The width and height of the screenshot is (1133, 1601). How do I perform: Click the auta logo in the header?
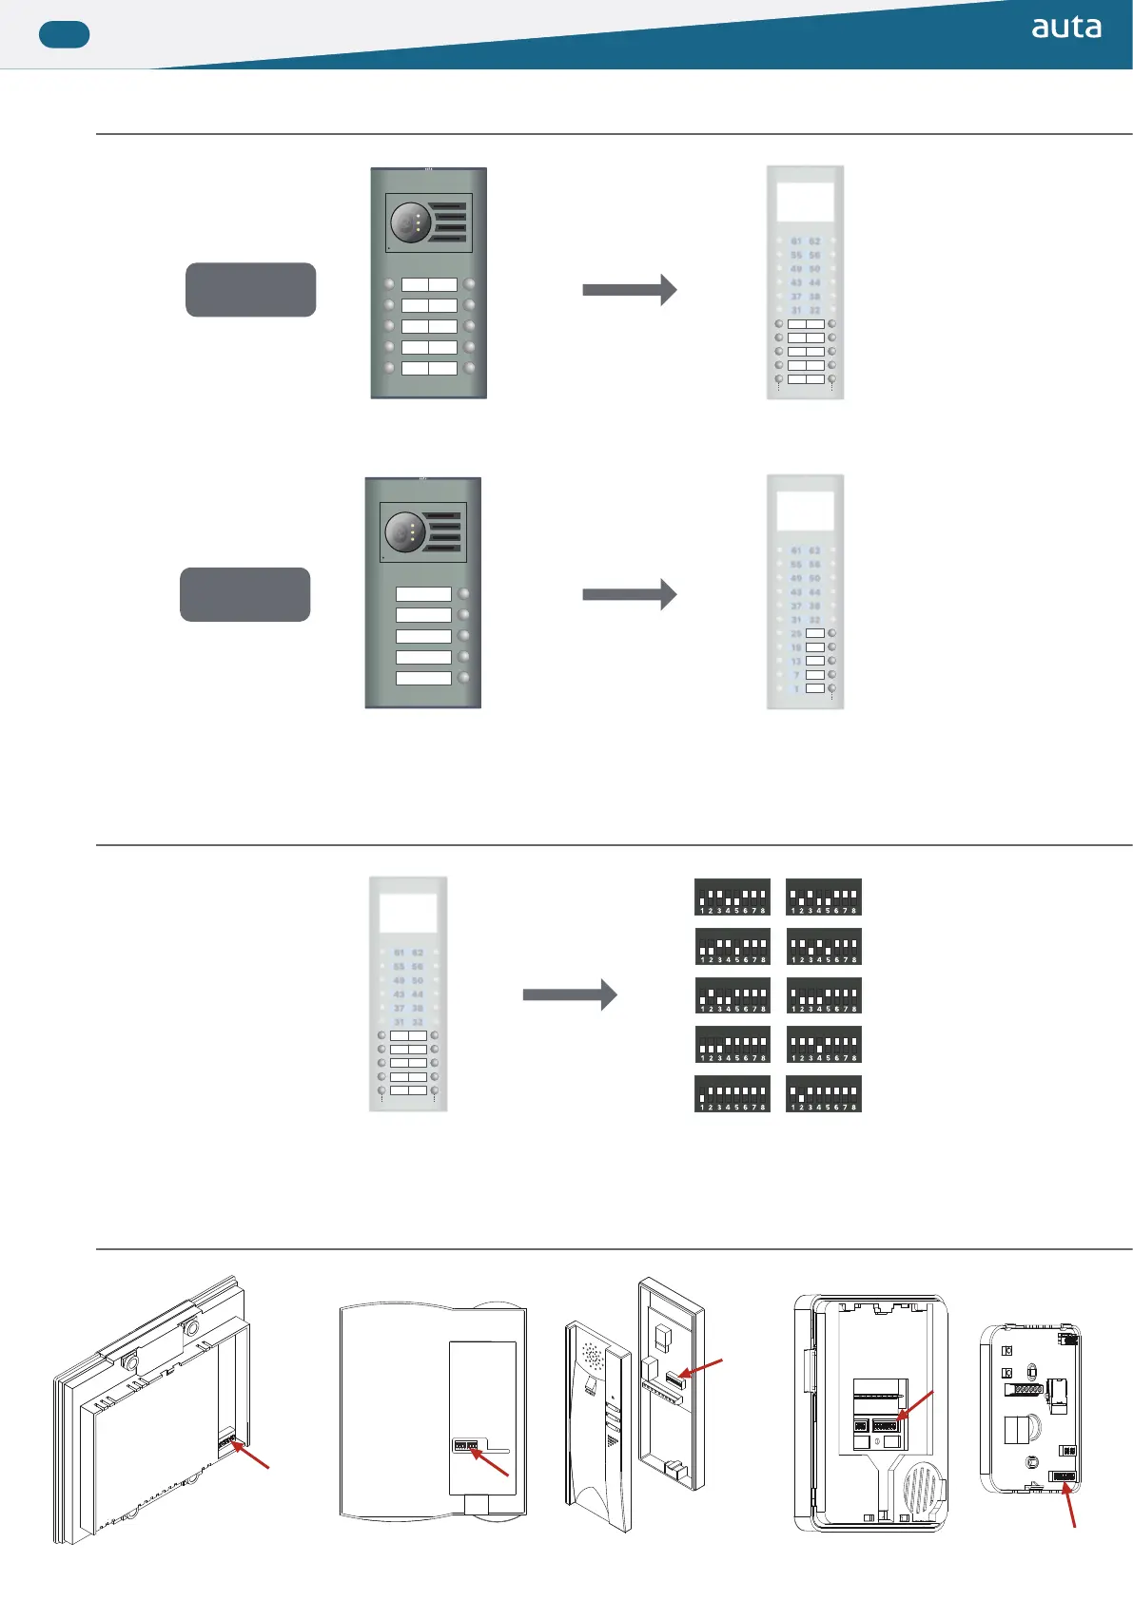1066,28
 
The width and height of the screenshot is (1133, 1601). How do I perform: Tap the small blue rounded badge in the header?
64,35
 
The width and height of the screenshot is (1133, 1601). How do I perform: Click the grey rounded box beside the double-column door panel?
250,290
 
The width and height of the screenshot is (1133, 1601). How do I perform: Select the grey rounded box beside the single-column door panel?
244,594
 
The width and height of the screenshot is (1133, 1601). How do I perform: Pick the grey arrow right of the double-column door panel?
629,289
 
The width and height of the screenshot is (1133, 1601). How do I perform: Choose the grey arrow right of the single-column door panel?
629,594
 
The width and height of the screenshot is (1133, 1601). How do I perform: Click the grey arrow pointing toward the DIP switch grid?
569,995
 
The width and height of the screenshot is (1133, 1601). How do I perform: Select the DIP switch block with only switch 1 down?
733,1093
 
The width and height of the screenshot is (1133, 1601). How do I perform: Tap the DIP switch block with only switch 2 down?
824,1093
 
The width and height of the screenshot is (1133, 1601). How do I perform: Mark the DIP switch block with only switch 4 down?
824,1044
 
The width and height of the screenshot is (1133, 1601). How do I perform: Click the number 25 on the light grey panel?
796,633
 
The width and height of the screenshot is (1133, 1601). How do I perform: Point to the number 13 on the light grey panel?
796,661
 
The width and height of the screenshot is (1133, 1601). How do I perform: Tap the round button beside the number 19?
832,646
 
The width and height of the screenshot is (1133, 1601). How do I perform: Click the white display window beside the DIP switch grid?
408,913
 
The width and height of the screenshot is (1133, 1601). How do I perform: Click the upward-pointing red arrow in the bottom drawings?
1070,1507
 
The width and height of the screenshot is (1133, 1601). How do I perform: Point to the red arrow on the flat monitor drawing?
252,1456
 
